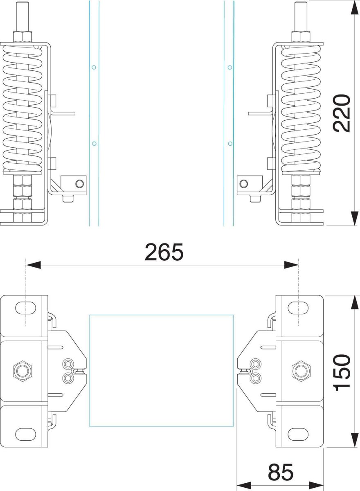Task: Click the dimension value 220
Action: tap(342, 113)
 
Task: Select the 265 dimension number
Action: tap(164, 252)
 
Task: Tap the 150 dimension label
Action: tap(342, 372)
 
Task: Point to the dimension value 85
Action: tap(281, 473)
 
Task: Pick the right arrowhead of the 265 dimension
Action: tap(291, 265)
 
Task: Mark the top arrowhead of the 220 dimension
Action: tap(353, 7)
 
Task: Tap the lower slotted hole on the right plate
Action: tap(298, 434)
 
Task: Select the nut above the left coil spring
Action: tap(22, 36)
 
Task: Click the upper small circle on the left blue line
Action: tap(94, 67)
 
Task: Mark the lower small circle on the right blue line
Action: tap(230, 143)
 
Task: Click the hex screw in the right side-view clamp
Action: tap(244, 183)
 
